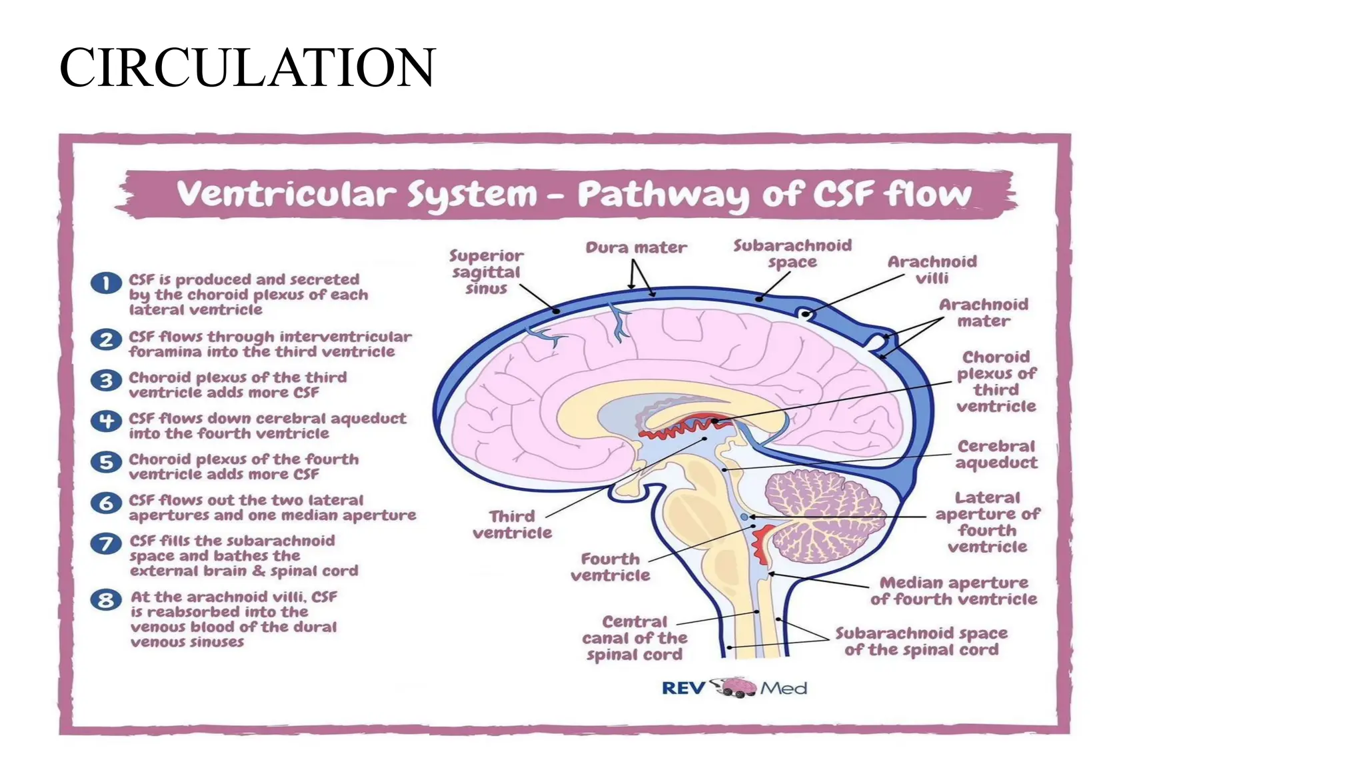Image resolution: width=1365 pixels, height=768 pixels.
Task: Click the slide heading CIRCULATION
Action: click(247, 68)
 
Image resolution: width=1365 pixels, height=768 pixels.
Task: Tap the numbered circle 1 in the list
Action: click(106, 283)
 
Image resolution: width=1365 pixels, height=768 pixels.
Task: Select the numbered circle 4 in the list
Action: click(106, 421)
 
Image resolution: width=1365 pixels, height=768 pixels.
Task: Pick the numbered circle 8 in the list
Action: click(106, 600)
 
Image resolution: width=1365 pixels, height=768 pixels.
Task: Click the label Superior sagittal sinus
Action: click(487, 272)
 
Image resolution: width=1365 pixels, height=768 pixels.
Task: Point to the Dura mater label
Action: click(636, 248)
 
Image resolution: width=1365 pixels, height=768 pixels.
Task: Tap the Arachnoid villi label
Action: click(932, 270)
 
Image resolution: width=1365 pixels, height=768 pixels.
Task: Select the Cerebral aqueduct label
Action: click(996, 455)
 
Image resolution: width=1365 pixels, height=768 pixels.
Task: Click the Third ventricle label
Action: click(512, 525)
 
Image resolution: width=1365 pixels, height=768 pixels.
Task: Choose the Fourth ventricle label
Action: click(610, 567)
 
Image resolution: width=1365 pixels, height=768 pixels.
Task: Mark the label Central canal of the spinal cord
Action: click(635, 638)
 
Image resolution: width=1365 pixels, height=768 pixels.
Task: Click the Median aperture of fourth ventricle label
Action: click(953, 591)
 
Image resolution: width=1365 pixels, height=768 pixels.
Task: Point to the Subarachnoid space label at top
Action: click(792, 254)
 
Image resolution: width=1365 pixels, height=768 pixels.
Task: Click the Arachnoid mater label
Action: click(984, 313)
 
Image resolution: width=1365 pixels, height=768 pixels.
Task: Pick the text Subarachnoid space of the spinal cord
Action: click(921, 641)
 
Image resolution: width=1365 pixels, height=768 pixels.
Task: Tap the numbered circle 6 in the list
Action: click(106, 503)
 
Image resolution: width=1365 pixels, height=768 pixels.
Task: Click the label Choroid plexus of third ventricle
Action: click(996, 381)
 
